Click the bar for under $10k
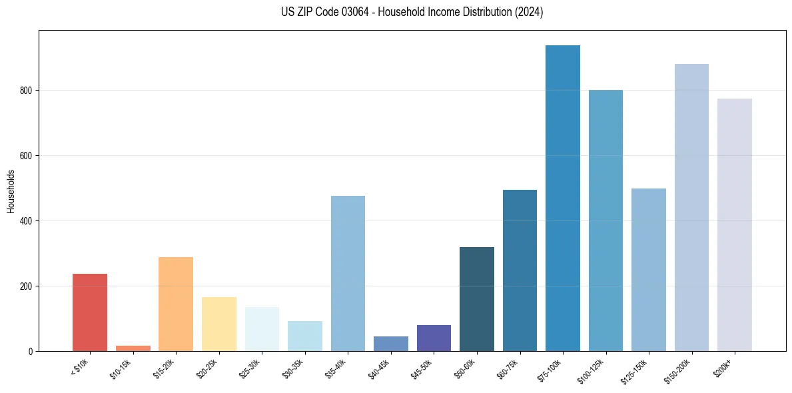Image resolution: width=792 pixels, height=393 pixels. point(90,312)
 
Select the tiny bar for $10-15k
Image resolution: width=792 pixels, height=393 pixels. point(133,348)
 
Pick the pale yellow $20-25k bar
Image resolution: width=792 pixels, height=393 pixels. point(218,324)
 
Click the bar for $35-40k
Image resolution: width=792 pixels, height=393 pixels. point(348,274)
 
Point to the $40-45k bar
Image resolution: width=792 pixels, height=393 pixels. point(391,344)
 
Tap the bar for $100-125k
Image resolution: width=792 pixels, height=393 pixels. point(605,220)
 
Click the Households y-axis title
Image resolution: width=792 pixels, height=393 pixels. point(11,191)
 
